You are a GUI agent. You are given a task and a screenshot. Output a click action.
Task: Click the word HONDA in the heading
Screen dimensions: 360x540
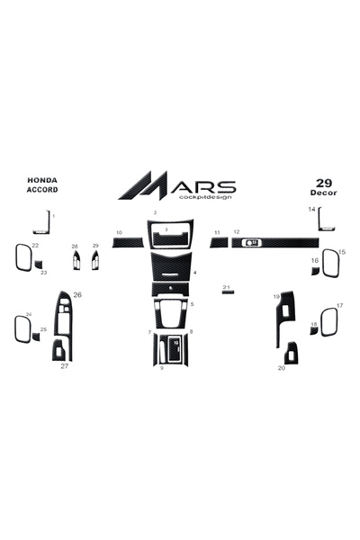point(42,180)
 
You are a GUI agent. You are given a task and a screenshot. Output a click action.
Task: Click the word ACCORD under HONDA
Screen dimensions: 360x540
point(42,189)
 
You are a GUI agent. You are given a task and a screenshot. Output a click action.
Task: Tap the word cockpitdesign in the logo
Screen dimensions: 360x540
point(205,197)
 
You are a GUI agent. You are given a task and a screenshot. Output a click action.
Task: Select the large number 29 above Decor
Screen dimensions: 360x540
point(324,183)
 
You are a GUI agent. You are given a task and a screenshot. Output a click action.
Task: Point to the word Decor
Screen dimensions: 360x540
point(323,193)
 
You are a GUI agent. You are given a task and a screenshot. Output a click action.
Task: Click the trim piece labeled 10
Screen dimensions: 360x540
point(128,242)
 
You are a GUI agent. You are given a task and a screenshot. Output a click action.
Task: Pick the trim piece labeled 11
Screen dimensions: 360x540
point(219,242)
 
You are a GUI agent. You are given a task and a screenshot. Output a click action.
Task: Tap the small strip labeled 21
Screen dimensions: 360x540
point(228,292)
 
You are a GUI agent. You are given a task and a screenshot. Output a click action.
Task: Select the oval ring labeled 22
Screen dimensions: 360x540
point(17,257)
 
